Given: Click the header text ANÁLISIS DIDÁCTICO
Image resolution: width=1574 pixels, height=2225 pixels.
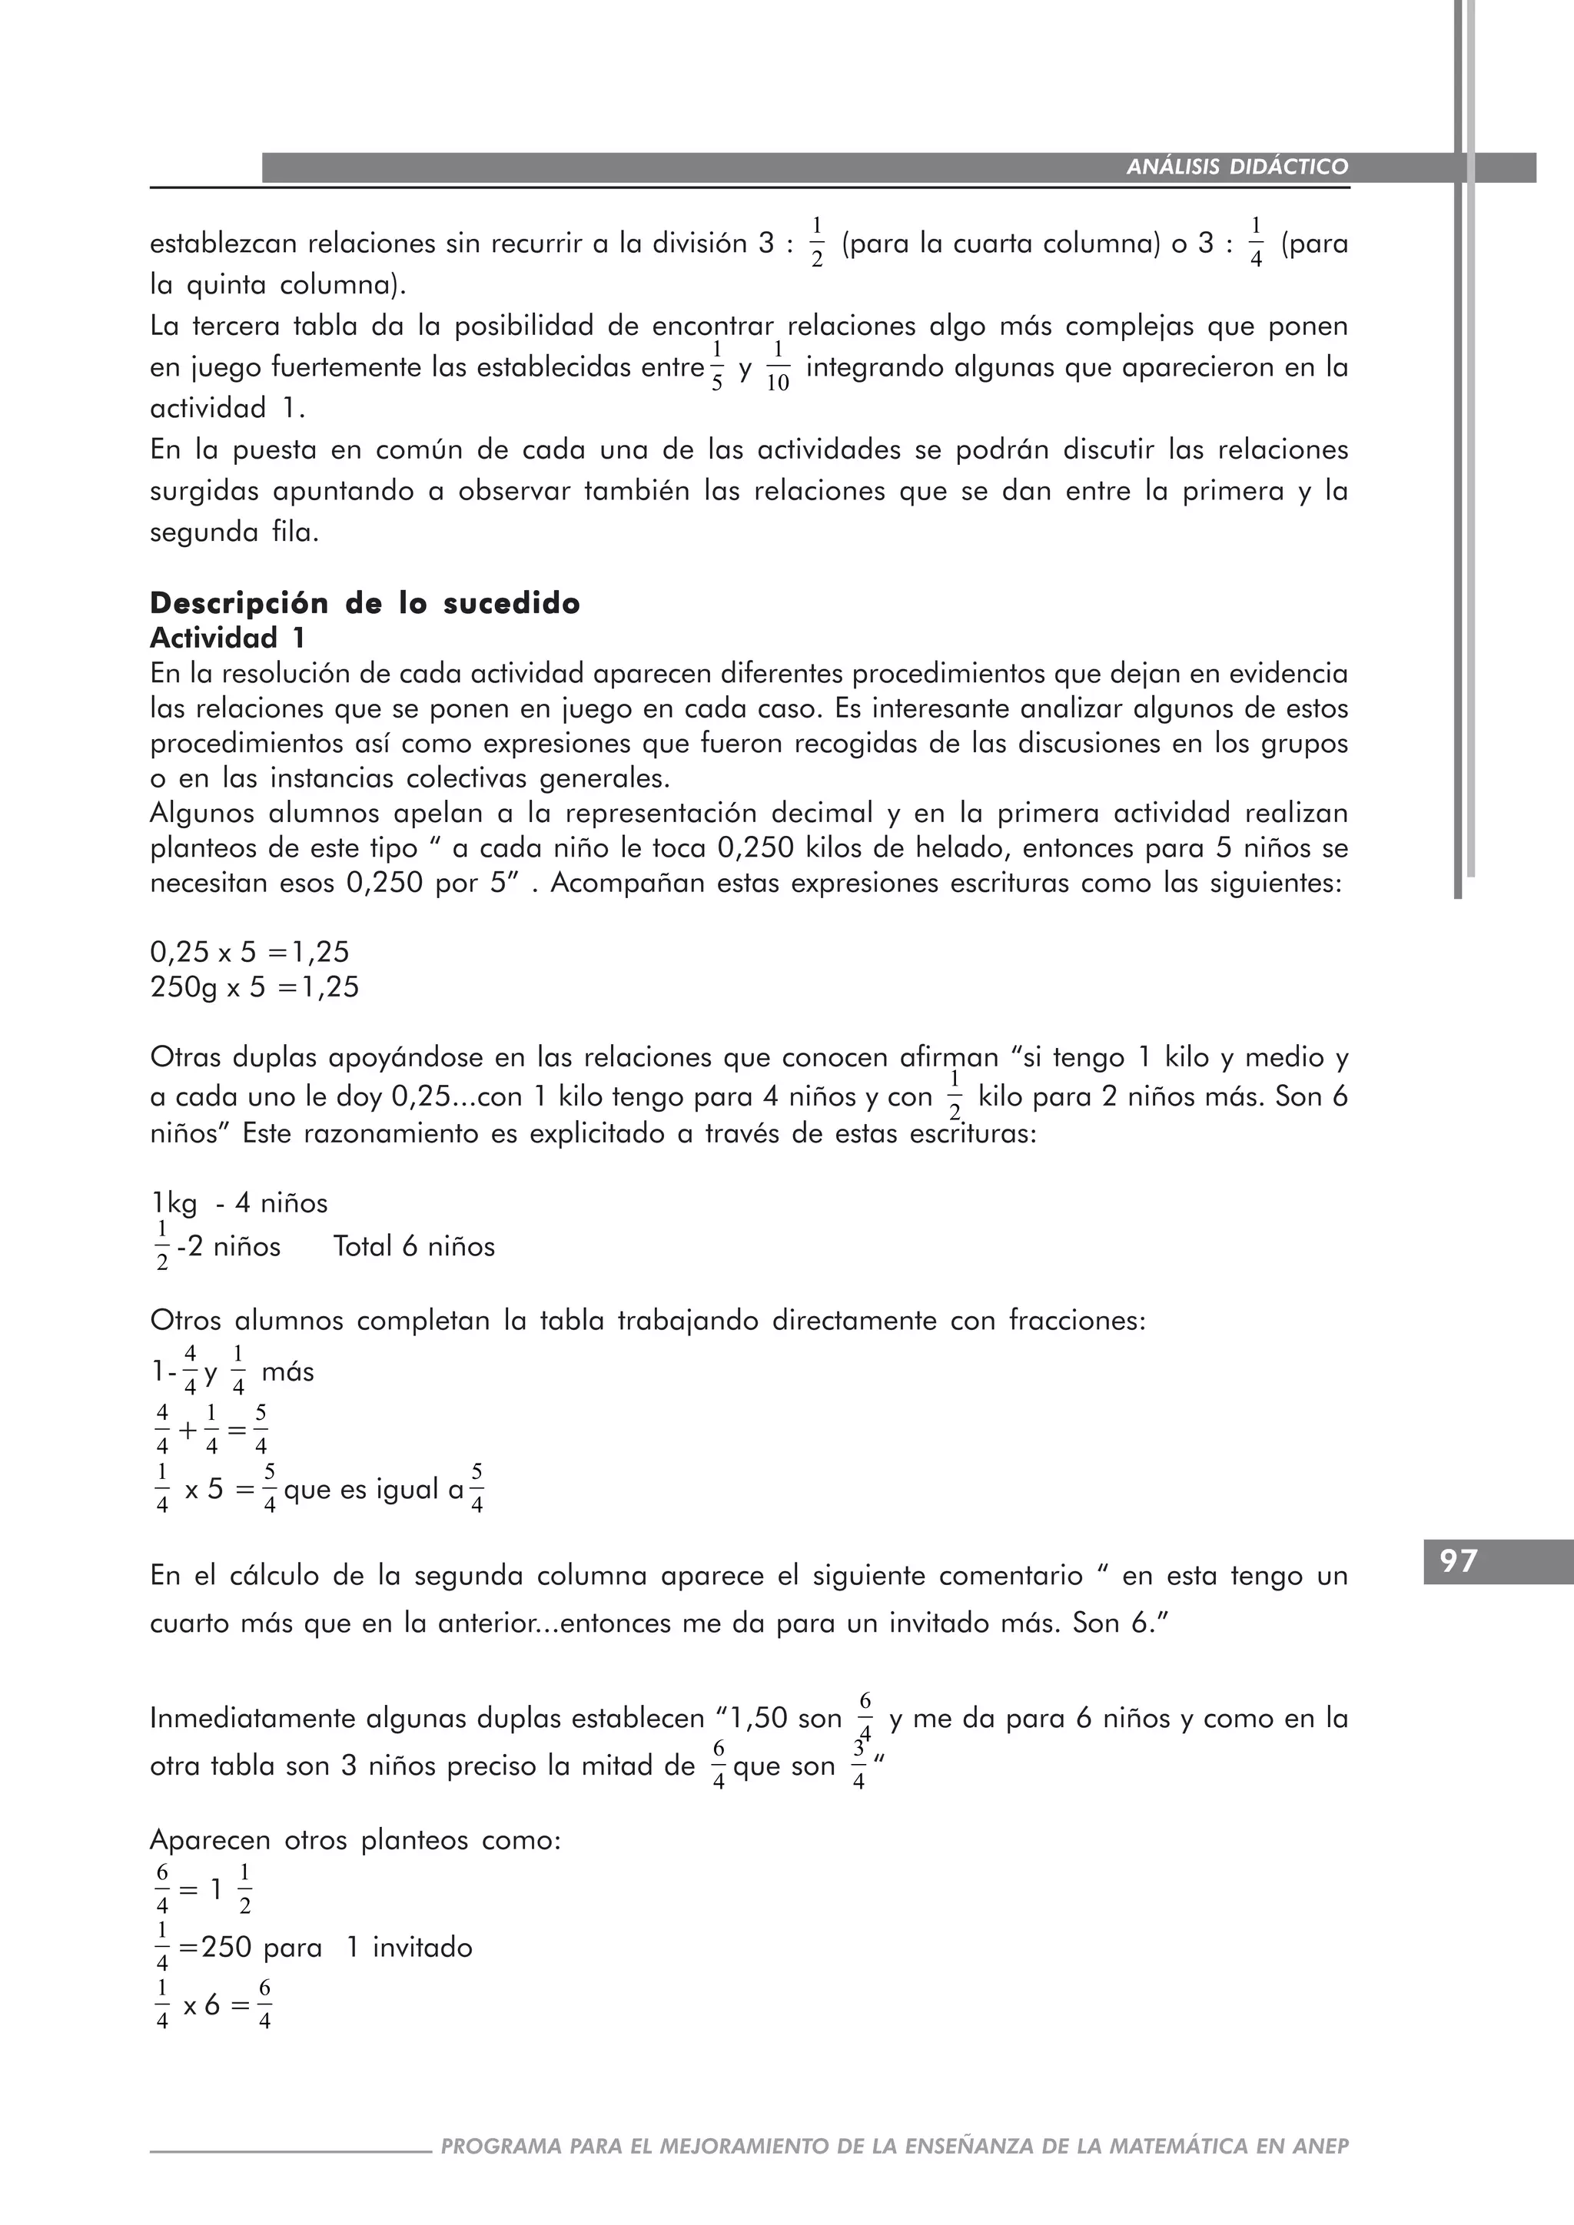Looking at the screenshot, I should tap(1237, 167).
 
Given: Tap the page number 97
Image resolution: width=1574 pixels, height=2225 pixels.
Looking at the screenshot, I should tap(1458, 1561).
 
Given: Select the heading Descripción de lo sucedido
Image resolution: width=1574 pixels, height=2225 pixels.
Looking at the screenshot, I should tap(364, 604).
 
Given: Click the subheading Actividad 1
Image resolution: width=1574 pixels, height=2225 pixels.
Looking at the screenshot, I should tap(227, 638).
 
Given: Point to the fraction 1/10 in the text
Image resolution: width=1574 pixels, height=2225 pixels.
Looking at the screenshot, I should tap(777, 367).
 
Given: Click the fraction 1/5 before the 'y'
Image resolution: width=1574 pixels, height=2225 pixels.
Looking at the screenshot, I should tap(717, 366).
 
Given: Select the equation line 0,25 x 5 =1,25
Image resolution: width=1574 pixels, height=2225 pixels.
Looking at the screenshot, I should tap(249, 952).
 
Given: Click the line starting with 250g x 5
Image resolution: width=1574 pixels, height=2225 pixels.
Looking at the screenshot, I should tap(254, 987).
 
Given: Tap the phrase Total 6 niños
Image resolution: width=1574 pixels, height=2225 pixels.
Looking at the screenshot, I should tap(413, 1246).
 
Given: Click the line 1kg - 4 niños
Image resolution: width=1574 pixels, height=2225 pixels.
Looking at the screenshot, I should tap(239, 1204).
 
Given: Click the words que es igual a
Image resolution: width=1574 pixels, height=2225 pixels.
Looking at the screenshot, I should tap(374, 1490).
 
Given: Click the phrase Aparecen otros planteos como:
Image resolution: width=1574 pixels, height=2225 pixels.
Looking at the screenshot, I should tap(355, 1840).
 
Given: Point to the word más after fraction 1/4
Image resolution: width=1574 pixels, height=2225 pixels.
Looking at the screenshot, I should tap(288, 1372).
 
